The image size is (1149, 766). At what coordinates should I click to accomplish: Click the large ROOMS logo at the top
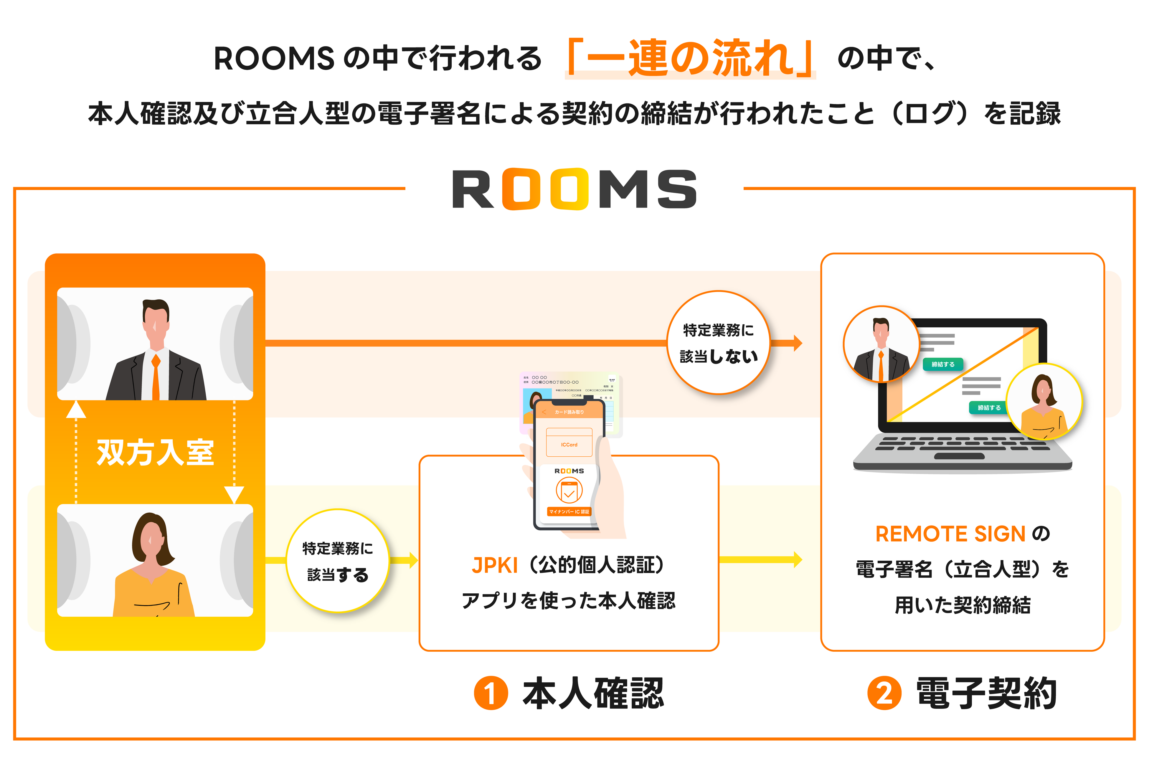574,189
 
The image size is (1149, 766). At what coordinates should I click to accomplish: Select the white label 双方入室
155,452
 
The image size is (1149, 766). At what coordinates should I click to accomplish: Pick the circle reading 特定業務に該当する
338,561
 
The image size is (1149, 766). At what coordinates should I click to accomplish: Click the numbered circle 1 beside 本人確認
491,693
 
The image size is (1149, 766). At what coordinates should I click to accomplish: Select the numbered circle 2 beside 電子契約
884,693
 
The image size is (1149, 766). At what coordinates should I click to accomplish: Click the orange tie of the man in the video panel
156,376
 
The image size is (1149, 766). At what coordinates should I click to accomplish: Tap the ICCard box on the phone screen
569,443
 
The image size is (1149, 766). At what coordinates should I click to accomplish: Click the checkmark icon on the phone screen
569,491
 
